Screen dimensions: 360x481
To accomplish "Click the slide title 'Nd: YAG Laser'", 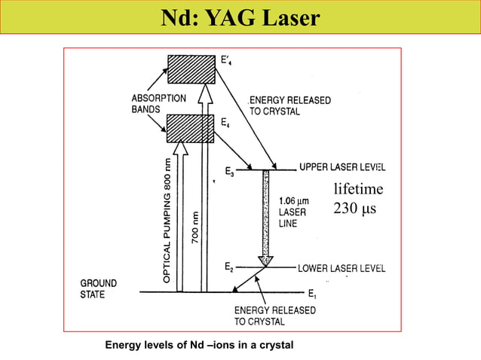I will (240, 18).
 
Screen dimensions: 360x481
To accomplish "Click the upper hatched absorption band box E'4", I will (191, 69).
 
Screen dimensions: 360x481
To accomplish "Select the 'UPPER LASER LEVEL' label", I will (342, 166).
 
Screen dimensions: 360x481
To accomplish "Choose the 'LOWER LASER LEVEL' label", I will (342, 267).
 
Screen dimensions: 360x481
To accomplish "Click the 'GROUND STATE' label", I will (99, 288).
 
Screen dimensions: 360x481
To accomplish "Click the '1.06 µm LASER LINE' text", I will (293, 212).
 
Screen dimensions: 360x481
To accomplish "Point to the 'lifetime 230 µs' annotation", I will (359, 198).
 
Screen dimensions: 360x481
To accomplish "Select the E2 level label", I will (229, 267).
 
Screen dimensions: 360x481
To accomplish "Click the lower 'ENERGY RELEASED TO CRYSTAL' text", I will (270, 316).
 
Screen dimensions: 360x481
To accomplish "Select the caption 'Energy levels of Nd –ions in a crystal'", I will (199, 345).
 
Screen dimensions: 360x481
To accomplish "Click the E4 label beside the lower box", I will (225, 121).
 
